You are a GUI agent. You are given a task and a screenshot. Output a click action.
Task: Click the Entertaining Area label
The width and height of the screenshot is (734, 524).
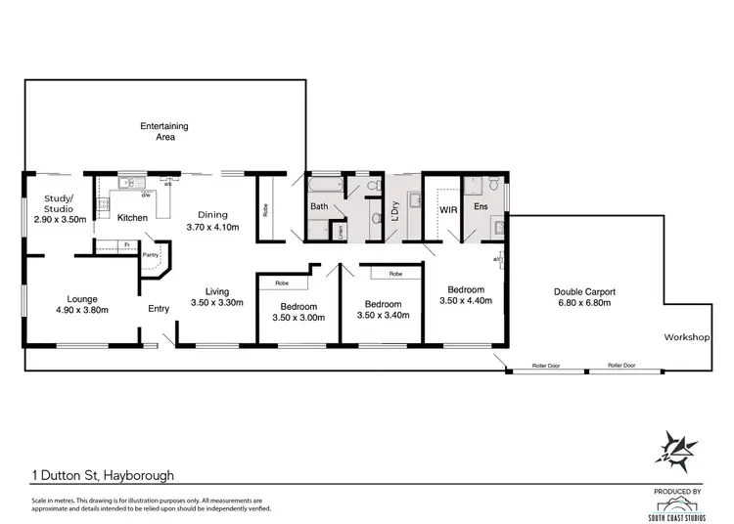click(x=163, y=132)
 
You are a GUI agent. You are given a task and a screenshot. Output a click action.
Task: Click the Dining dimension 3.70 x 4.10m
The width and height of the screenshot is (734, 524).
click(x=212, y=227)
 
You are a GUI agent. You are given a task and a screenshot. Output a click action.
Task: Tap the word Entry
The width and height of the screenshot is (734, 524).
click(x=159, y=309)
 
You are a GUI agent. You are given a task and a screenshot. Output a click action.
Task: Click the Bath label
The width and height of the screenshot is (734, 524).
click(x=319, y=207)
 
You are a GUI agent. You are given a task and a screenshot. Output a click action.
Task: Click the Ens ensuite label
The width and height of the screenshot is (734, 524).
click(x=481, y=207)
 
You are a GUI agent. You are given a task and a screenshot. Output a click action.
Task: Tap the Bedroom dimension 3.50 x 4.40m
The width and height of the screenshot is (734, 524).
click(x=466, y=302)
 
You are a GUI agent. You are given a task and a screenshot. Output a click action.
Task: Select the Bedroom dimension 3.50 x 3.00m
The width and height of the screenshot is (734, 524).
click(x=293, y=318)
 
